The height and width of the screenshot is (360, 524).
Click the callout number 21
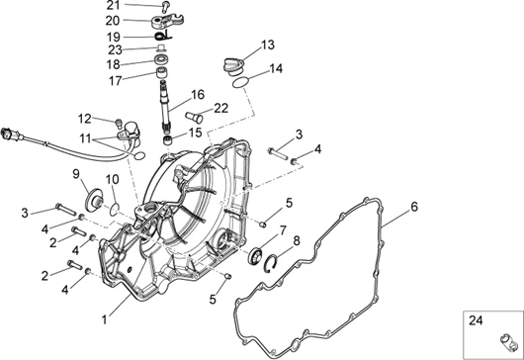point(113,5)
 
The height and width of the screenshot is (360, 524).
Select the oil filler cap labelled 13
point(234,67)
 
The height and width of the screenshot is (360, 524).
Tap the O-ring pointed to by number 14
point(241,82)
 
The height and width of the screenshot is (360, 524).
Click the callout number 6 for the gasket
point(414,207)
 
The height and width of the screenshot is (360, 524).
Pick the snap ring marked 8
point(270,264)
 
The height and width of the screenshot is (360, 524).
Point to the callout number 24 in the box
point(476,320)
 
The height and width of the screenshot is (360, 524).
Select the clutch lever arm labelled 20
point(167,21)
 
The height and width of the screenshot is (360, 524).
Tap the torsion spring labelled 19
point(163,35)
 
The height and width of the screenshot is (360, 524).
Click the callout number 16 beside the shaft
point(198,95)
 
